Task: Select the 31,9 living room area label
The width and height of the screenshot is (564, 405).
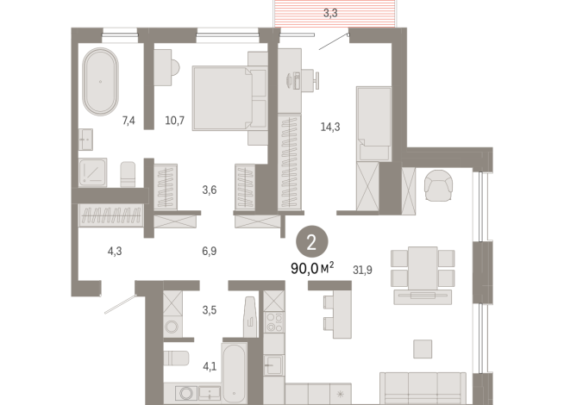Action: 363,270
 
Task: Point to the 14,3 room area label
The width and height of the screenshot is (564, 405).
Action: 330,127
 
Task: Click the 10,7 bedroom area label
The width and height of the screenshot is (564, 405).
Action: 175,120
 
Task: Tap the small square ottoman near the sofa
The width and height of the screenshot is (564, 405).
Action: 423,347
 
